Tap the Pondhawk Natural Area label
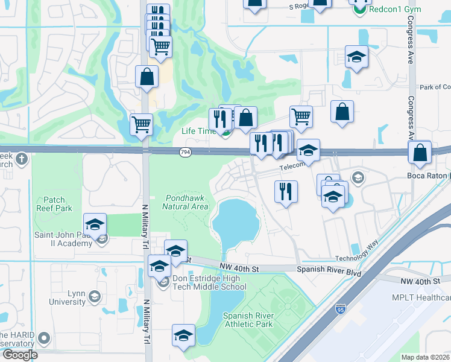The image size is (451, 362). (x=185, y=202)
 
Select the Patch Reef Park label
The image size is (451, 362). (x=58, y=204)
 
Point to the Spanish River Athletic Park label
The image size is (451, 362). (x=248, y=320)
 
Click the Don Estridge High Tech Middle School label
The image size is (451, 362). (x=206, y=282)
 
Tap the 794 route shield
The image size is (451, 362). (x=185, y=153)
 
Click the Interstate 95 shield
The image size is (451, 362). (x=339, y=310)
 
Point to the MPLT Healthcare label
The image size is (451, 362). (x=421, y=297)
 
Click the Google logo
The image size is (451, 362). (x=19, y=354)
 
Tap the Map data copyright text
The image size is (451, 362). (x=425, y=357)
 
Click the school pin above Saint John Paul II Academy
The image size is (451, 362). (x=95, y=225)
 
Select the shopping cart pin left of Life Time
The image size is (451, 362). (x=142, y=124)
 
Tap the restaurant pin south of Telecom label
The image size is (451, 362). (x=286, y=191)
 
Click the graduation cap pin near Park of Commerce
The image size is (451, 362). (x=356, y=57)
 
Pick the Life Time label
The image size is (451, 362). (x=198, y=131)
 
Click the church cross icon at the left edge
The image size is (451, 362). (x=22, y=159)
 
